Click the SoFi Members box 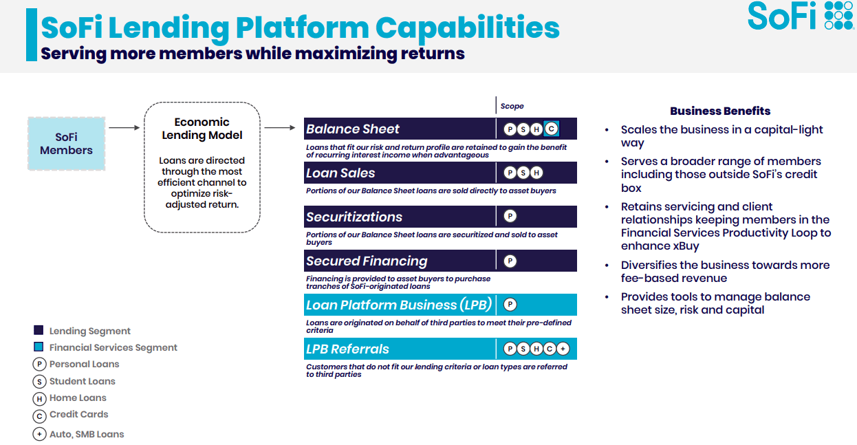[67, 144]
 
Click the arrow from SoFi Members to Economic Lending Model [124, 127]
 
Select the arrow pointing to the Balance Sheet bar [280, 127]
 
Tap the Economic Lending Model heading [202, 129]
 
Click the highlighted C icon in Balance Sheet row [552, 129]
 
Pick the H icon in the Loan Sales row [536, 173]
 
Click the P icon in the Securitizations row [510, 217]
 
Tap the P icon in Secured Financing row [510, 261]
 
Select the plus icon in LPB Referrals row [563, 349]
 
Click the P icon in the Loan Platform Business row [510, 305]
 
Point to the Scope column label [512, 106]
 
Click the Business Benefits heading [720, 111]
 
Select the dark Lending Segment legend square [39, 330]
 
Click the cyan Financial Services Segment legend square [39, 347]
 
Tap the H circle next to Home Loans [39, 399]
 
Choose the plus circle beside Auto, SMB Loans [39, 434]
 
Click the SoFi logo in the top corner [801, 16]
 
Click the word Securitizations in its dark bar [354, 217]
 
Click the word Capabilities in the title [468, 28]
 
